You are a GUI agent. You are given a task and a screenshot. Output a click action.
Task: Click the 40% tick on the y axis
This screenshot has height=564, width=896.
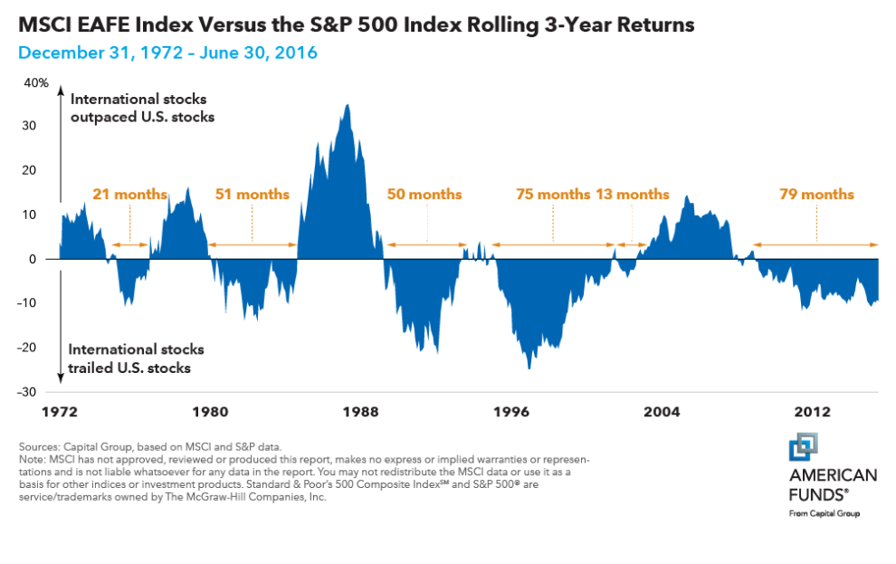(36, 82)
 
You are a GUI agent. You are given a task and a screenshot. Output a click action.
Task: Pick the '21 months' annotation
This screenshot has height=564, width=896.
(129, 195)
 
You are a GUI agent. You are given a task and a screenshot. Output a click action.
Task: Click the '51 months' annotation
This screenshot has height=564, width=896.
(253, 195)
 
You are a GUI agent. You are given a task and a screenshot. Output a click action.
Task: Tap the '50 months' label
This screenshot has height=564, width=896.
(424, 195)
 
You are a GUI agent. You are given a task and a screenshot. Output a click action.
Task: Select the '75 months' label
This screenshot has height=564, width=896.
(552, 195)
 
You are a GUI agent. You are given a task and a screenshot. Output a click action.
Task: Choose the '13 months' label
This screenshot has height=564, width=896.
(632, 195)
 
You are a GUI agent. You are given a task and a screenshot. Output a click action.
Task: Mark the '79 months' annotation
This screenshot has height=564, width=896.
(816, 195)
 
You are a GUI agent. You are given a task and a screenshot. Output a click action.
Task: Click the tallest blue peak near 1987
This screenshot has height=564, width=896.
(348, 107)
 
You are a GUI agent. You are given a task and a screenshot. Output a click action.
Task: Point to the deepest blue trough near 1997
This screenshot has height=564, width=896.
(529, 367)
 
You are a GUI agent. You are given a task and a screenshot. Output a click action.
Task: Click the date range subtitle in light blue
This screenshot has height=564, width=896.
(167, 53)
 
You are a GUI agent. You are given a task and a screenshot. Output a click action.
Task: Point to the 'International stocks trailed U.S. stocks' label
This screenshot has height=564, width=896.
(137, 358)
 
